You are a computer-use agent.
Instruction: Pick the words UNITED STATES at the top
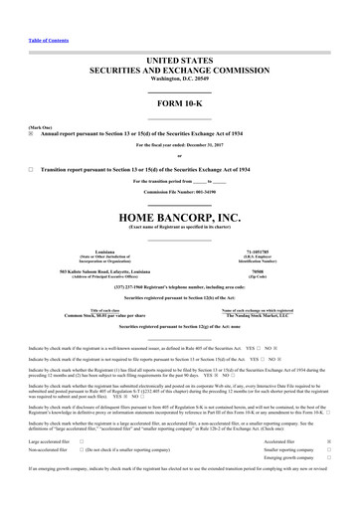click(x=179, y=33)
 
